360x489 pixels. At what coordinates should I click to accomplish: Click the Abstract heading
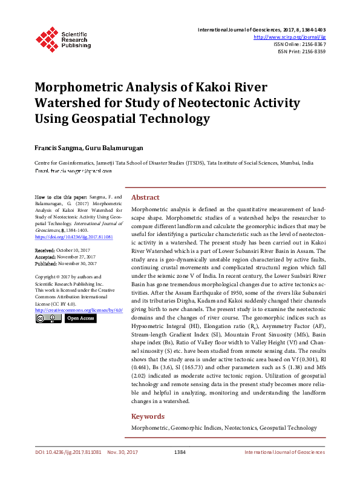pyautogui.click(x=145, y=197)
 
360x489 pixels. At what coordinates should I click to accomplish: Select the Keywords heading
pyautogui.click(x=148, y=416)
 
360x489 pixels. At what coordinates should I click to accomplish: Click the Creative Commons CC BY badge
pyautogui.click(x=48, y=318)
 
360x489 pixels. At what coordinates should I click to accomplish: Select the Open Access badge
pyautogui.click(x=80, y=318)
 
